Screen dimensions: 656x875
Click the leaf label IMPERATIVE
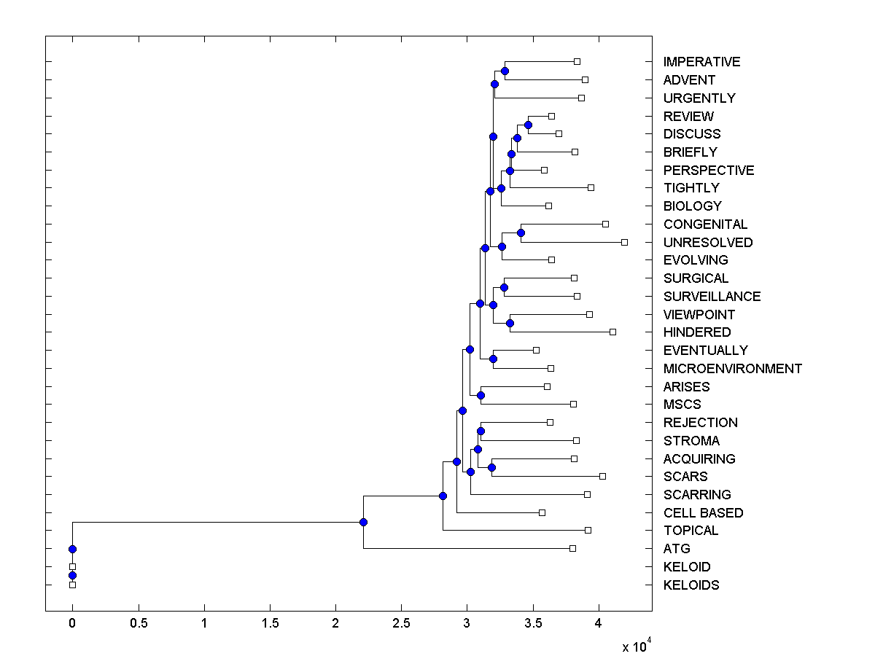coord(701,62)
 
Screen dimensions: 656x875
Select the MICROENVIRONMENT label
coord(732,369)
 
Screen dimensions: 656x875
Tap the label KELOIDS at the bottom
coord(691,585)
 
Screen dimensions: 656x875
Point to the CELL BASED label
coord(703,513)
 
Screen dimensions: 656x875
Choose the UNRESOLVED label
coord(707,243)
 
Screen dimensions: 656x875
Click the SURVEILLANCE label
coord(712,297)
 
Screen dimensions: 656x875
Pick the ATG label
coord(677,549)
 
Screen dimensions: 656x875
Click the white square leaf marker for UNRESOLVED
coord(624,242)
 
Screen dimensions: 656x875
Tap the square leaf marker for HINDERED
coord(612,332)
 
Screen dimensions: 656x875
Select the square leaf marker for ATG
coord(572,548)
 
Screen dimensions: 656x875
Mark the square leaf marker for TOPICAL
coord(588,530)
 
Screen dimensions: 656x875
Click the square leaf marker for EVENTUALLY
coord(536,350)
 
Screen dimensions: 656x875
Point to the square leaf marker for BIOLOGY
coord(548,206)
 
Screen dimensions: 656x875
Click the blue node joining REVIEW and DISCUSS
coord(528,125)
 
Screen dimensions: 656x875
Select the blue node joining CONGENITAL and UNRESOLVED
coord(521,233)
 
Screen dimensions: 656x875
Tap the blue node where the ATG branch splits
coord(363,522)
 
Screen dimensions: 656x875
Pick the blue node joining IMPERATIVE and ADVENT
coord(505,71)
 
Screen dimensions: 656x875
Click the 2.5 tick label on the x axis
coord(401,623)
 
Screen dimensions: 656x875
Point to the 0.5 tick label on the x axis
coord(139,623)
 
